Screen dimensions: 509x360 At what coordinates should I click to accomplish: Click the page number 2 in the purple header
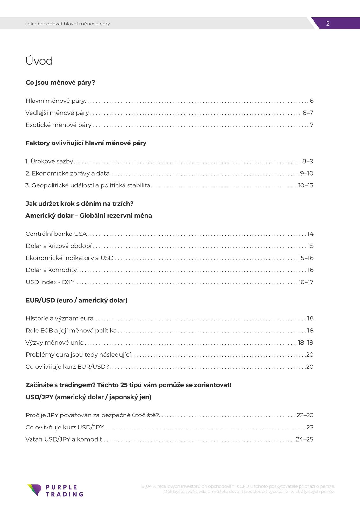[x=328, y=24]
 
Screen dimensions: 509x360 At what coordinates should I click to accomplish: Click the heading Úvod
[x=39, y=61]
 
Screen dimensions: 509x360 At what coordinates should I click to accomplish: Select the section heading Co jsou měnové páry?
[x=60, y=83]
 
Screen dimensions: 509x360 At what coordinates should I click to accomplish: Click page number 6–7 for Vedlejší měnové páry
[x=307, y=113]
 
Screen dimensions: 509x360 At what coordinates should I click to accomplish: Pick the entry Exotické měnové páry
[x=59, y=125]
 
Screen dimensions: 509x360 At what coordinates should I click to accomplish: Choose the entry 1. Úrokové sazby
[x=49, y=161]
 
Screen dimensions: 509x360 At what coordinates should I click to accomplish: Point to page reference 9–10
[x=307, y=173]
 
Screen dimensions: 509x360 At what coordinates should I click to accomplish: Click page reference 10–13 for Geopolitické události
[x=306, y=185]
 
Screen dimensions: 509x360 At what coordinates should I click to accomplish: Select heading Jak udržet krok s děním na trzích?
[x=79, y=204]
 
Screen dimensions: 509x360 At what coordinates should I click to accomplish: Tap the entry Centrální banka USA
[x=56, y=234]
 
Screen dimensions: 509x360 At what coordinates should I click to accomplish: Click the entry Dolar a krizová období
[x=59, y=246]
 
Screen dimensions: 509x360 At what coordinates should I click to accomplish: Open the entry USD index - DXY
[x=50, y=282]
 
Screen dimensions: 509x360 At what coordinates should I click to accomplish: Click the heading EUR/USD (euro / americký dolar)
[x=76, y=300]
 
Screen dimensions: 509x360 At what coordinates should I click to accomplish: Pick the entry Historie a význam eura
[x=60, y=318]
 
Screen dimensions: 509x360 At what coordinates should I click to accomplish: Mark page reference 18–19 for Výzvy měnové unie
[x=306, y=343]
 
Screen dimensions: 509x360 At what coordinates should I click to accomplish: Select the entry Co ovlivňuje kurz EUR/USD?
[x=67, y=367]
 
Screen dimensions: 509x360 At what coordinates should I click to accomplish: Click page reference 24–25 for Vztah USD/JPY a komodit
[x=304, y=439]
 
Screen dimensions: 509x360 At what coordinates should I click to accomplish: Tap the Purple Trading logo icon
[x=34, y=490]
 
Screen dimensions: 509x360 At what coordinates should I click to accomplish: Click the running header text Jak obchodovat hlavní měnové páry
[x=67, y=24]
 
